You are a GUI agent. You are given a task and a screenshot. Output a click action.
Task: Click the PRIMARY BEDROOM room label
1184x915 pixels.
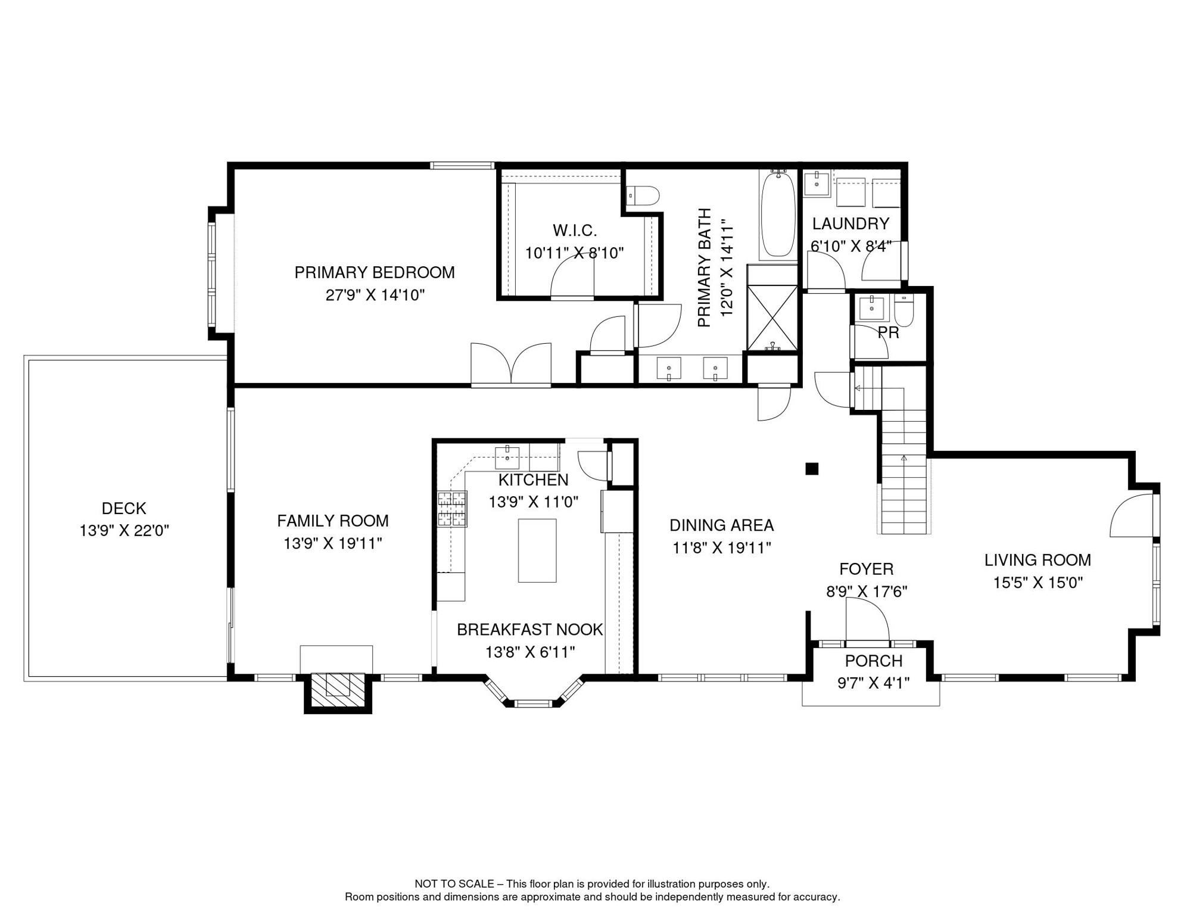pos(374,273)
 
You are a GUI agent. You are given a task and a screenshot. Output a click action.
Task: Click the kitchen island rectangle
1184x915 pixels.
pos(537,550)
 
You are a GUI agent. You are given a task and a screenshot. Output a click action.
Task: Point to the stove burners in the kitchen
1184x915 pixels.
pos(452,509)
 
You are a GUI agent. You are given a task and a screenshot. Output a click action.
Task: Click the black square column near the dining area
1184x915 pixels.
pos(812,469)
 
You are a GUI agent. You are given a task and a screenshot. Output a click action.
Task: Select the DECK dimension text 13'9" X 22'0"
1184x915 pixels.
pos(124,531)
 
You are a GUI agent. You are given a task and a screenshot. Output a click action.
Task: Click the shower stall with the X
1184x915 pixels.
pos(772,318)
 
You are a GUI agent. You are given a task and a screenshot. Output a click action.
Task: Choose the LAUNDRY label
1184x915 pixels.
pos(850,224)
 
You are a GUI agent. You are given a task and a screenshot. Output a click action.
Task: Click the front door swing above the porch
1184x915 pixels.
pos(867,623)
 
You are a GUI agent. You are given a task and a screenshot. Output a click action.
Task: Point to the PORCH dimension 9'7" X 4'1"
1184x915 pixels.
pos(873,683)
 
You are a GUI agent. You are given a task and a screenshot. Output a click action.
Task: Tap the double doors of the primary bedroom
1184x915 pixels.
pos(511,365)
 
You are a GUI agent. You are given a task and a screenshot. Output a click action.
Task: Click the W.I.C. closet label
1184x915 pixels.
pos(574,231)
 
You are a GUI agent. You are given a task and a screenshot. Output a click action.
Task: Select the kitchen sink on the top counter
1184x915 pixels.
pos(507,458)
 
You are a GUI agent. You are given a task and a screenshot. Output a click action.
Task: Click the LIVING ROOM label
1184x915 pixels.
pos(1037,560)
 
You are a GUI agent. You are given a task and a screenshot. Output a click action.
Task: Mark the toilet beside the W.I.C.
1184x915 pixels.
pos(644,195)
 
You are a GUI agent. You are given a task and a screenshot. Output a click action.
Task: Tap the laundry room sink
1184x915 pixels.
pos(816,183)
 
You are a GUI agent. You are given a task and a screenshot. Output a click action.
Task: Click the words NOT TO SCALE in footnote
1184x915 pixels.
pos(454,884)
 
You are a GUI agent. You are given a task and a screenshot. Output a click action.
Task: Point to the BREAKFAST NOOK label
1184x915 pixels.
pos(529,630)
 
